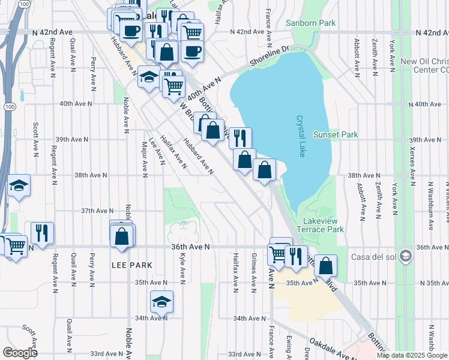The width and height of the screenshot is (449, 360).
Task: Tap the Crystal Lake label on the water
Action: coord(300,137)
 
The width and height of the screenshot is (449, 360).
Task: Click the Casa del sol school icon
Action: coord(406,256)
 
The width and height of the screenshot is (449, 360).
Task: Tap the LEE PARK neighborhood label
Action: coord(131,265)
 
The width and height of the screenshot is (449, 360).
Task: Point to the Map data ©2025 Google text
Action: coord(411,355)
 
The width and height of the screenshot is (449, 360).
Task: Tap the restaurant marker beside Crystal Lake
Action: coord(240,139)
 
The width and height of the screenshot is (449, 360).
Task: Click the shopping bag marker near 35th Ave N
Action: coord(325,266)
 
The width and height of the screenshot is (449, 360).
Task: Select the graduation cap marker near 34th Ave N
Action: coord(161,302)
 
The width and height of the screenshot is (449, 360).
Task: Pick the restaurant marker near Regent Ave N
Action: coord(42,233)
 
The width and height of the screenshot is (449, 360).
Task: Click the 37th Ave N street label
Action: coord(97,211)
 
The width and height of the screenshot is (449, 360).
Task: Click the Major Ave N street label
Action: coord(145,160)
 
